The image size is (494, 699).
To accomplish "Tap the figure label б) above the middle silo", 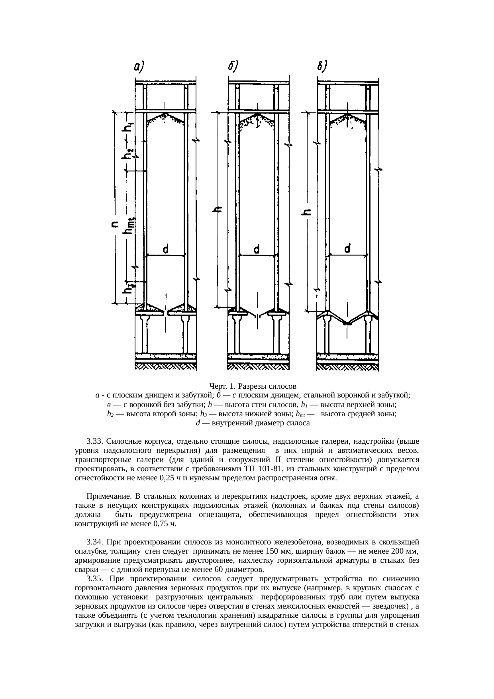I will coord(233,67).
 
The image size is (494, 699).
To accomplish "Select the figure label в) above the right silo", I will coord(322,67).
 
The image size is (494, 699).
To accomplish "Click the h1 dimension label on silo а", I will coord(129,126).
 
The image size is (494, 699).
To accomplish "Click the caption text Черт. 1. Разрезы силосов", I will coord(252,386).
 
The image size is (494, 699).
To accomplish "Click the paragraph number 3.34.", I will coord(95,542).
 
